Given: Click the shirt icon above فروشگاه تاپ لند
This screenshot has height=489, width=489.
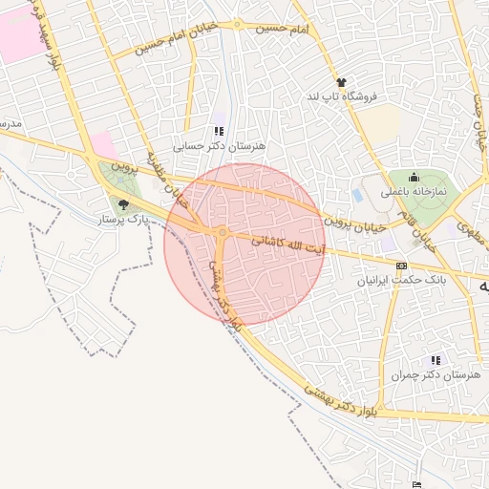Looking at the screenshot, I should point(341,82).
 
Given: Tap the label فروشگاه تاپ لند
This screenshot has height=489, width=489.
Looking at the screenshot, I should point(343,96).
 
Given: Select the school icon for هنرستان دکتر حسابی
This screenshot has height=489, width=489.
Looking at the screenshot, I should point(220,132).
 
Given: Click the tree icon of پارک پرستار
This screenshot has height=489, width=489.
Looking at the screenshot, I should point(122,203).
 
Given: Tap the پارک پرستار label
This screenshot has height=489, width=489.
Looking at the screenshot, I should point(123,219).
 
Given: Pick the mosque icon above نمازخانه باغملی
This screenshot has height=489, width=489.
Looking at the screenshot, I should point(414,176).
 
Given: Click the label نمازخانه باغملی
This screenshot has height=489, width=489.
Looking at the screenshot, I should point(414,191).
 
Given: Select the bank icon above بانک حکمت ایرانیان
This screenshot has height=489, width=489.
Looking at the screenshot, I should point(401,266).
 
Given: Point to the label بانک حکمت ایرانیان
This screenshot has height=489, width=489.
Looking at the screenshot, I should point(402,281).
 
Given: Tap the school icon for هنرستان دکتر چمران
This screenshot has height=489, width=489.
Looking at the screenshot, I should point(436,360).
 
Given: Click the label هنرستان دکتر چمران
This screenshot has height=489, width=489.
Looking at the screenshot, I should point(436,375).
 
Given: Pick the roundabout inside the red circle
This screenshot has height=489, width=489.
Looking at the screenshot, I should point(222,232).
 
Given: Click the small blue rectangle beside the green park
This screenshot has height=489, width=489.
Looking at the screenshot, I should point(358,195).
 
